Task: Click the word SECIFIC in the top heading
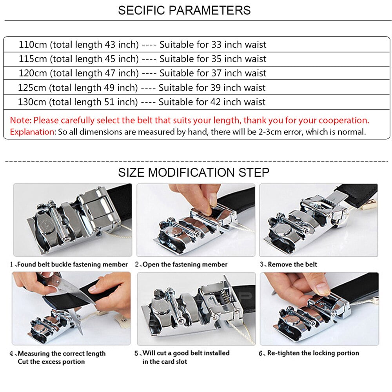pos(142,10)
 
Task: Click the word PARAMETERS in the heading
pos(210,10)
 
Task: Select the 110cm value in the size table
pos(33,45)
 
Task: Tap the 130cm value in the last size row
pos(32,102)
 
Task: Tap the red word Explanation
pos(33,132)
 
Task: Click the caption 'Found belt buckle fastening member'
pos(73,264)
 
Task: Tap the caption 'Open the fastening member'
pos(185,264)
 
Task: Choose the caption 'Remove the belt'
pos(292,264)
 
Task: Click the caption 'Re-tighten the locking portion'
pos(313,353)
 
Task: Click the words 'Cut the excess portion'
pos(51,361)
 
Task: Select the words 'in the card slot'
pos(165,361)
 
